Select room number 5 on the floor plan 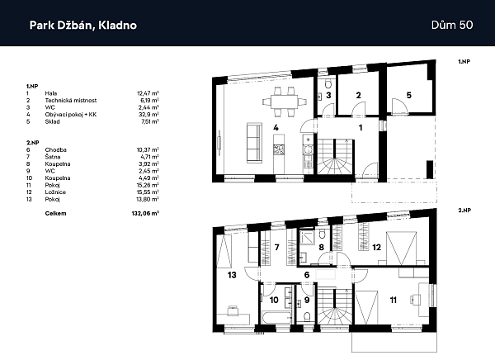(x=408, y=96)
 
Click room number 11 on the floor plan (x=393, y=300)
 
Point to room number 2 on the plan (x=357, y=96)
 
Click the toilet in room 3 (x=328, y=84)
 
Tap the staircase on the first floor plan (x=337, y=155)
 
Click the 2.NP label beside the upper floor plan (x=463, y=211)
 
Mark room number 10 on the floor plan (x=275, y=300)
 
